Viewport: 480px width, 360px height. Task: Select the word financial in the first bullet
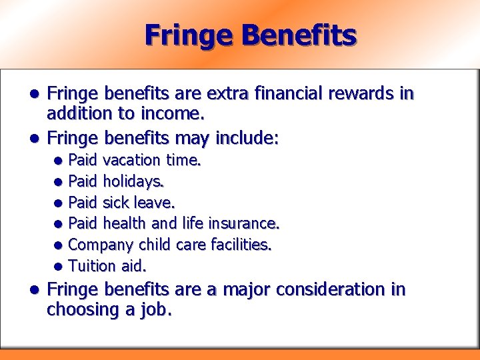coord(283,94)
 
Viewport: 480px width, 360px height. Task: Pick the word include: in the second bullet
coord(246,138)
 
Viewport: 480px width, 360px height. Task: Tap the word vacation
coord(132,160)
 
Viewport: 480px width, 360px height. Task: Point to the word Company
coord(100,245)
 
